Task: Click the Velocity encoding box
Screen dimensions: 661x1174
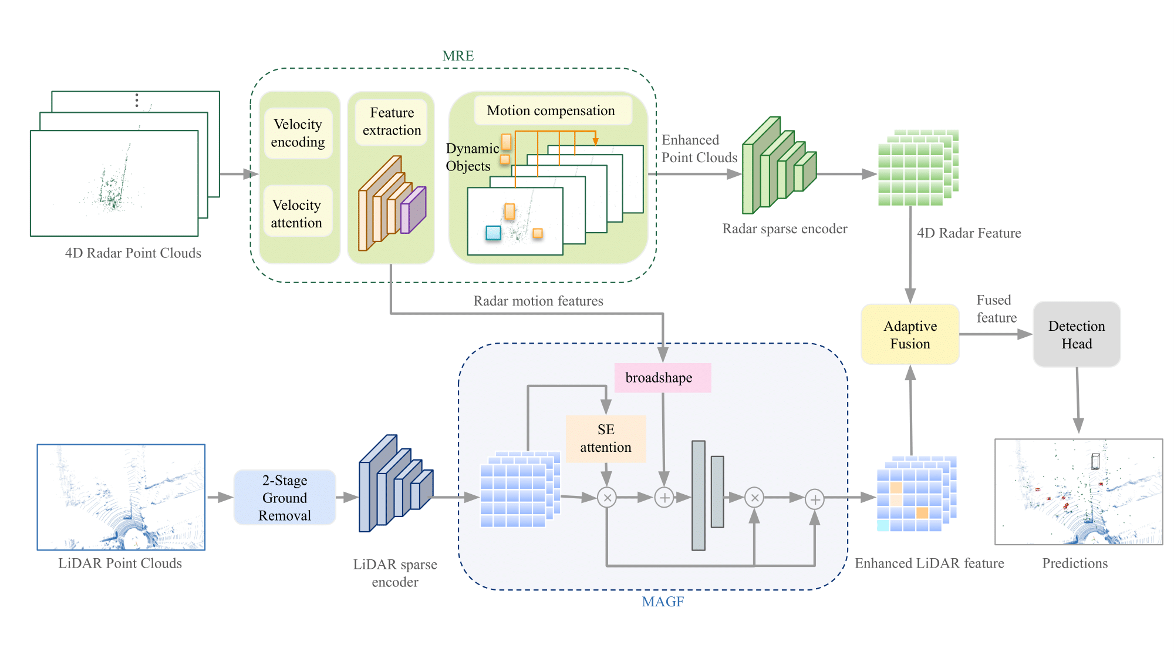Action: click(x=298, y=133)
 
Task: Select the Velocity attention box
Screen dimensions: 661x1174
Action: click(x=297, y=214)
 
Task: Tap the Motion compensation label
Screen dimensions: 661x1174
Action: click(x=551, y=110)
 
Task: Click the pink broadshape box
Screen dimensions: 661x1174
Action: click(x=662, y=378)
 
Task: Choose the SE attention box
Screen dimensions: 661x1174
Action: click(x=606, y=438)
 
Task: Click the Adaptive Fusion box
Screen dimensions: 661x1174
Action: click(x=910, y=335)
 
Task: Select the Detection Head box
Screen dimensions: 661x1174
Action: click(x=1077, y=335)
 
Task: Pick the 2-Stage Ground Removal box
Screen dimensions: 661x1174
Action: click(x=285, y=498)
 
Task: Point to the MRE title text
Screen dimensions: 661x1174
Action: click(x=458, y=56)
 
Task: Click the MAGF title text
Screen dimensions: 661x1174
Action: click(x=663, y=602)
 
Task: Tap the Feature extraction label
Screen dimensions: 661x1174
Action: click(x=392, y=122)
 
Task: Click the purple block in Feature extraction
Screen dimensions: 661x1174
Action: click(x=413, y=210)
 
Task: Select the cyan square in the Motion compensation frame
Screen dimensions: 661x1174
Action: click(x=493, y=233)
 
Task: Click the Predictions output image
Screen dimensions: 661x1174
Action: click(x=1078, y=492)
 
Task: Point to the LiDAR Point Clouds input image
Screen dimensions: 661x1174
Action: click(x=121, y=497)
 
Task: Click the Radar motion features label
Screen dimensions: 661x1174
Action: click(x=538, y=301)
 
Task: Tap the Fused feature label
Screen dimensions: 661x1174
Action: click(x=996, y=309)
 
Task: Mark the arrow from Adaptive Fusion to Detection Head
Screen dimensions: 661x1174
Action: click(x=996, y=334)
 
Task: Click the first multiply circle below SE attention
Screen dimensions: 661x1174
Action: click(x=607, y=498)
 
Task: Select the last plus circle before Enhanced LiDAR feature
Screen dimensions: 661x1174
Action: click(x=814, y=499)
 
